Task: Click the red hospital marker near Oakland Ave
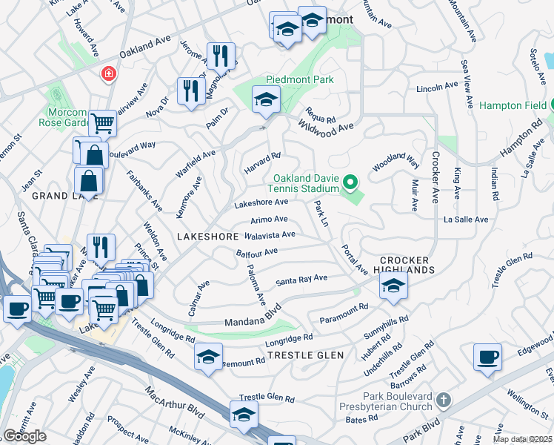click(109, 74)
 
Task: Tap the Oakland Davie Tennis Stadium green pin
click(353, 180)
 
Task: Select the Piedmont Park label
click(300, 79)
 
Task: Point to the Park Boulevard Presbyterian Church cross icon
click(443, 400)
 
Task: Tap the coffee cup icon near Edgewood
click(487, 357)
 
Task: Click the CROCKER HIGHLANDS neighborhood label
click(407, 265)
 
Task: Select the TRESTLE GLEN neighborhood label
click(305, 355)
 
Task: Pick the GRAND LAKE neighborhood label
click(60, 195)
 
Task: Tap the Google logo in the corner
click(24, 435)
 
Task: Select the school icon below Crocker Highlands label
click(393, 286)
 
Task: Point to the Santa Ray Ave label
click(301, 280)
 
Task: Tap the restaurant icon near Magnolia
click(220, 56)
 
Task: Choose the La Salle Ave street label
click(465, 220)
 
